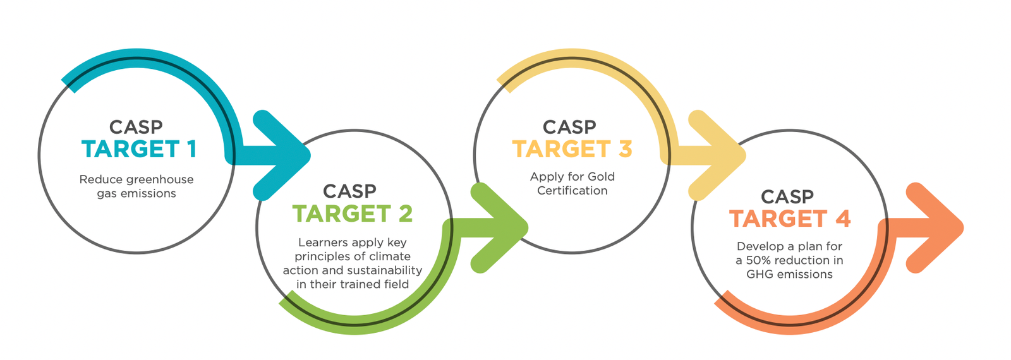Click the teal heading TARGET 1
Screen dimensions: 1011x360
pyautogui.click(x=139, y=149)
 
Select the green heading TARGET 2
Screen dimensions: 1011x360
pyautogui.click(x=353, y=214)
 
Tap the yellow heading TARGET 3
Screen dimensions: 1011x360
pyautogui.click(x=572, y=149)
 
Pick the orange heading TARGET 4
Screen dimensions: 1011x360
pyautogui.click(x=790, y=219)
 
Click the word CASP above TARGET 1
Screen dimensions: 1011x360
pyautogui.click(x=136, y=127)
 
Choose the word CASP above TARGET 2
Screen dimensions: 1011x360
pyautogui.click(x=350, y=191)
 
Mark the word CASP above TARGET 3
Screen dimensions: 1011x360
pyautogui.click(x=569, y=127)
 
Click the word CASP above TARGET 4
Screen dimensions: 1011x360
pyautogui.click(x=787, y=196)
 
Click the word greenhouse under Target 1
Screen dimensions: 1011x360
pyautogui.click(x=154, y=179)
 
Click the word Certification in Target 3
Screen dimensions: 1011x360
pyautogui.click(x=572, y=190)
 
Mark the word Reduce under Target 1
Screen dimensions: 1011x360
pyautogui.click(x=95, y=179)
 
